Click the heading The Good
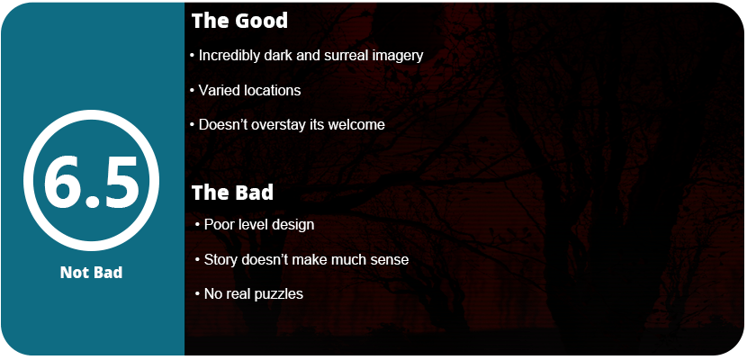239,21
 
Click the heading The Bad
232,193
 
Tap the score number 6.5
91,183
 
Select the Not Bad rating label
91,273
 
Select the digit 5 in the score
120,183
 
